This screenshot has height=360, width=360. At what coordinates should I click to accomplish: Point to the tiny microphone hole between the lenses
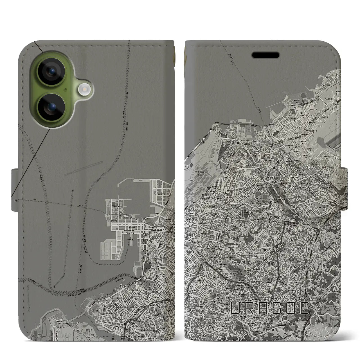(x=65, y=90)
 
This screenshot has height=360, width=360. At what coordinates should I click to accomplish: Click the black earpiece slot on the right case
(x=266, y=55)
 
